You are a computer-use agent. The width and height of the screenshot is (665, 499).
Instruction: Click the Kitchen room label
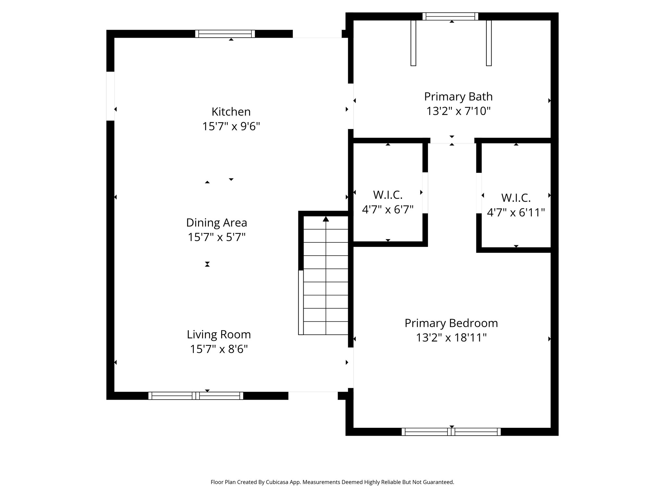(231, 112)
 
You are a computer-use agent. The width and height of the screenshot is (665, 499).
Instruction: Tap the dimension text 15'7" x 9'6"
(231, 126)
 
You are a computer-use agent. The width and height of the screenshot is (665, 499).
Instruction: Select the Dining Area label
(217, 223)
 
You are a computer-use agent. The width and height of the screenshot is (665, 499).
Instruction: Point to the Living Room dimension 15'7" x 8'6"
(219, 349)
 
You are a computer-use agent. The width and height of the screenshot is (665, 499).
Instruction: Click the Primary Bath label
(458, 97)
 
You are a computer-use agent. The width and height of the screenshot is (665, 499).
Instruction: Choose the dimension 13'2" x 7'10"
(458, 111)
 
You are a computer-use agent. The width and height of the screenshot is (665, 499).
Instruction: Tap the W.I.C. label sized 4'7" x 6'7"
(388, 195)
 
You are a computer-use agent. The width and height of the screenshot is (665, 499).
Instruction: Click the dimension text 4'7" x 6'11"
(516, 213)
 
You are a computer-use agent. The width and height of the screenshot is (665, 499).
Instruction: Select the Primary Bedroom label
(451, 323)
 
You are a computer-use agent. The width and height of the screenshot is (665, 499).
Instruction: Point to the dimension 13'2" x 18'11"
(451, 338)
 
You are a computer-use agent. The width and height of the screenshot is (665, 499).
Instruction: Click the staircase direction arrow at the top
(326, 219)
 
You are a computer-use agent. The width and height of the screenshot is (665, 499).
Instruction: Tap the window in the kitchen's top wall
(225, 34)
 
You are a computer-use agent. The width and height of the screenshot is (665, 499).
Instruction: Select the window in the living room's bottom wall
(196, 396)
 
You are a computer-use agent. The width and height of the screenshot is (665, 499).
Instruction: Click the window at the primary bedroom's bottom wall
(451, 432)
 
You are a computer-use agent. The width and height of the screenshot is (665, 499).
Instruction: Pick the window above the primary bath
(450, 16)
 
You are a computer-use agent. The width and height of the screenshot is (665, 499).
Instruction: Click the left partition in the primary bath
(413, 43)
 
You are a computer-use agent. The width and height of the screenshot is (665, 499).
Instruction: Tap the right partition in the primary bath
(489, 43)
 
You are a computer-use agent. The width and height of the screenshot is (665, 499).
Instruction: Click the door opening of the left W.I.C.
(425, 193)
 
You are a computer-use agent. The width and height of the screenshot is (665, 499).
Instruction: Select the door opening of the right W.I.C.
(479, 193)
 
